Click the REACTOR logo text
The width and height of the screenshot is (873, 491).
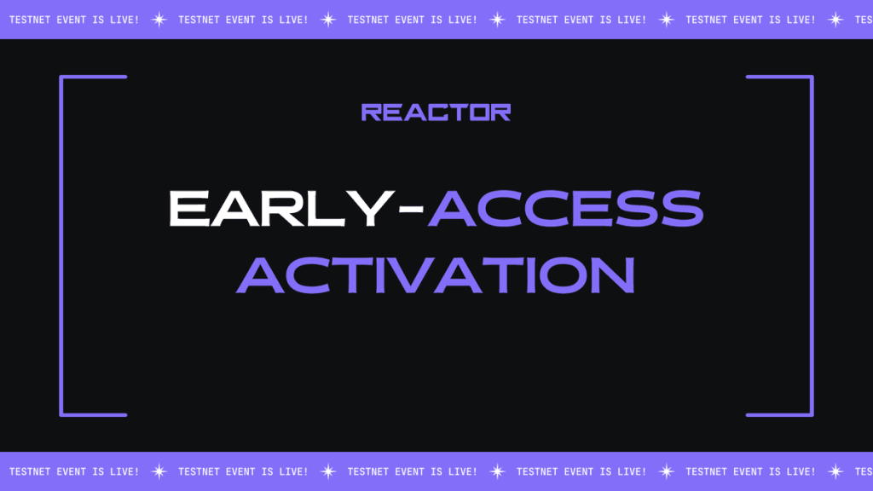click(436, 112)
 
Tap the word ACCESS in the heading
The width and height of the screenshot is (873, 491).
click(566, 208)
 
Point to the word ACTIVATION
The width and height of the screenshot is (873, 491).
click(436, 274)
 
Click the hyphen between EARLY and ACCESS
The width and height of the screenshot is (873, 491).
click(412, 210)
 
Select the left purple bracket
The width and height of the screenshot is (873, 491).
click(61, 245)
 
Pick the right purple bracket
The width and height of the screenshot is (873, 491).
click(812, 245)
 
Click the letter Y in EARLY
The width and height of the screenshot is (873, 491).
click(371, 208)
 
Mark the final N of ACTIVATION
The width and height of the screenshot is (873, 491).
click(613, 274)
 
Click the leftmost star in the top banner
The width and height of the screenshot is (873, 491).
click(159, 20)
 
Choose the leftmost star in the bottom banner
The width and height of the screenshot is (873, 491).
click(159, 471)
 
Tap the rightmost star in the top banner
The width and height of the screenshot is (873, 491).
click(835, 20)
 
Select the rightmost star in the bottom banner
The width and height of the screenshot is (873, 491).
click(835, 471)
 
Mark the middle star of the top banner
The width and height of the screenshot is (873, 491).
click(497, 20)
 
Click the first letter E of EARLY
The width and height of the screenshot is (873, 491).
click(189, 208)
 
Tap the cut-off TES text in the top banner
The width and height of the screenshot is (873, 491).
click(864, 20)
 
